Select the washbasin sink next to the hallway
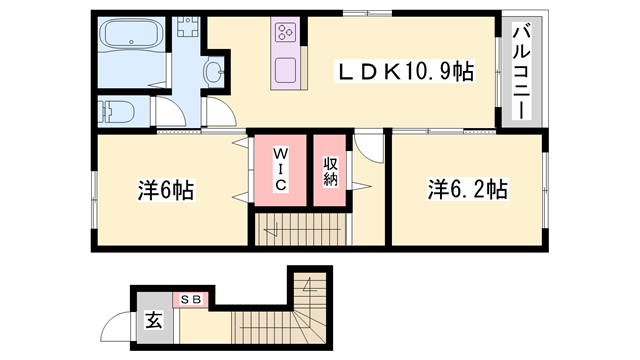pyautogui.click(x=214, y=72)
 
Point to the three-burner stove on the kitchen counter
pyautogui.click(x=284, y=33)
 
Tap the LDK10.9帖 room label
pyautogui.click(x=404, y=71)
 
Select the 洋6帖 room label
pyautogui.click(x=166, y=188)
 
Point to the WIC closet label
pyautogui.click(x=281, y=170)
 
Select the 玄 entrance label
pyautogui.click(x=154, y=321)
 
